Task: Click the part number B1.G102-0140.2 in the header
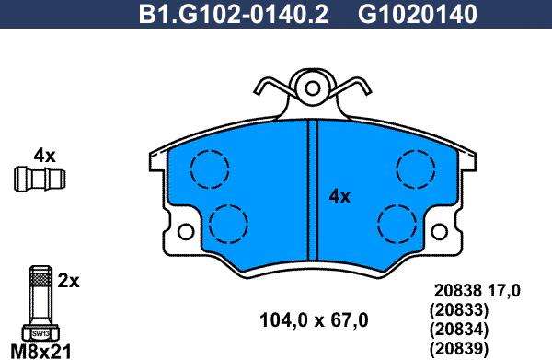point(234,14)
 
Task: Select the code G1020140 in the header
point(418,14)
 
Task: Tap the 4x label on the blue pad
point(339,196)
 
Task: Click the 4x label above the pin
point(44,156)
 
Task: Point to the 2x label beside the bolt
point(68,281)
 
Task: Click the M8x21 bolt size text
point(41,351)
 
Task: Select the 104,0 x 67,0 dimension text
point(314,320)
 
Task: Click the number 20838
point(457,291)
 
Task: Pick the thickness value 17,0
point(504,292)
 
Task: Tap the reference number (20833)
point(459,310)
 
